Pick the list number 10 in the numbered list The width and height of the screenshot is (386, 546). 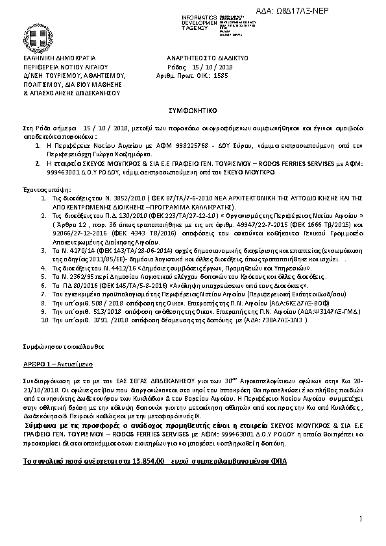(x=45, y=320)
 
